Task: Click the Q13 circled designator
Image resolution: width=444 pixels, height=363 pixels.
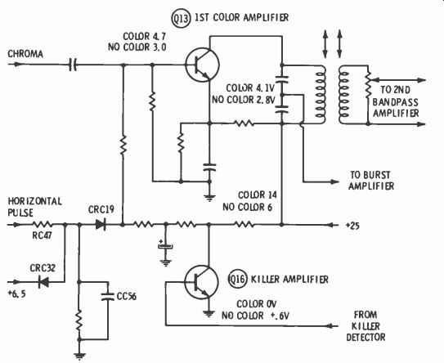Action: click(x=180, y=19)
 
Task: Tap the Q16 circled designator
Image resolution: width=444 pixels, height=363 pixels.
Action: click(x=238, y=279)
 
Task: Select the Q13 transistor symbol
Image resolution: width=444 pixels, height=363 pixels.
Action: click(x=202, y=65)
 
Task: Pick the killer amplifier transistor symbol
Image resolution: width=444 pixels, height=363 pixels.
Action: click(x=201, y=282)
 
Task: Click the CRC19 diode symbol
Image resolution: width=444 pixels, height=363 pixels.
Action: click(x=101, y=225)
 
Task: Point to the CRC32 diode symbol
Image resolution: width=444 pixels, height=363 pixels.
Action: click(x=43, y=282)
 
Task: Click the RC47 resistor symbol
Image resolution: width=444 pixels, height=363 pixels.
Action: click(x=43, y=225)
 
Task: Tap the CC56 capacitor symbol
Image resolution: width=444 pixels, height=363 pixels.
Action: click(x=108, y=296)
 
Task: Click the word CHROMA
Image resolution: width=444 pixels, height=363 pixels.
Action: click(x=25, y=54)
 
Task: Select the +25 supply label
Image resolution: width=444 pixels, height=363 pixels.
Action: click(x=352, y=226)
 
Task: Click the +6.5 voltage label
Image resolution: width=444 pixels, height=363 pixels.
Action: click(x=16, y=294)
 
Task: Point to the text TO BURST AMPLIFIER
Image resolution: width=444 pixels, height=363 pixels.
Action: click(x=371, y=181)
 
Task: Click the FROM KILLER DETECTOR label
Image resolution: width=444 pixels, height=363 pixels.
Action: click(x=366, y=326)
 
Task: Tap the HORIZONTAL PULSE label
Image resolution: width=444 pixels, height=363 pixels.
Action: click(x=34, y=207)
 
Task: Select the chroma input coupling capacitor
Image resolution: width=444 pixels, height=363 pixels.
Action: click(x=73, y=65)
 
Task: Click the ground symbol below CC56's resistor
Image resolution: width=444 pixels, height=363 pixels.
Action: click(x=79, y=356)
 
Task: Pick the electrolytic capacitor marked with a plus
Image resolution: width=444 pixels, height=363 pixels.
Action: click(x=166, y=246)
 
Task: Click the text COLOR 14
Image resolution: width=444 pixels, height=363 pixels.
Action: click(x=258, y=195)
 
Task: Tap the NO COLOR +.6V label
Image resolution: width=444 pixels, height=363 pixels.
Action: click(x=255, y=316)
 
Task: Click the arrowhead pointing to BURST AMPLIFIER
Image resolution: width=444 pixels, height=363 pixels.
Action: click(x=335, y=181)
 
